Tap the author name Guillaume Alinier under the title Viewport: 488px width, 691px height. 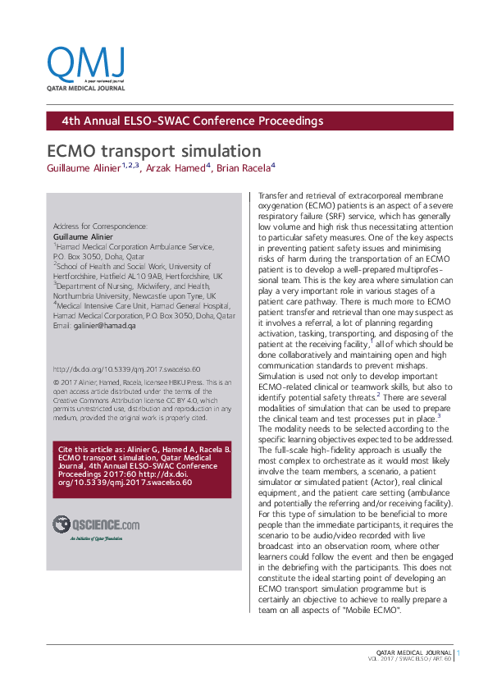click(84, 167)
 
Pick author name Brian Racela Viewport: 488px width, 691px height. click(246, 167)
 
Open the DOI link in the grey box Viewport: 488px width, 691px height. click(125, 370)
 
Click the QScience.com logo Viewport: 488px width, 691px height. click(96, 524)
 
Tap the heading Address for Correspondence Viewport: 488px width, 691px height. click(100, 226)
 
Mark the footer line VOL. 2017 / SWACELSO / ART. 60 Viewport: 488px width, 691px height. click(413, 661)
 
